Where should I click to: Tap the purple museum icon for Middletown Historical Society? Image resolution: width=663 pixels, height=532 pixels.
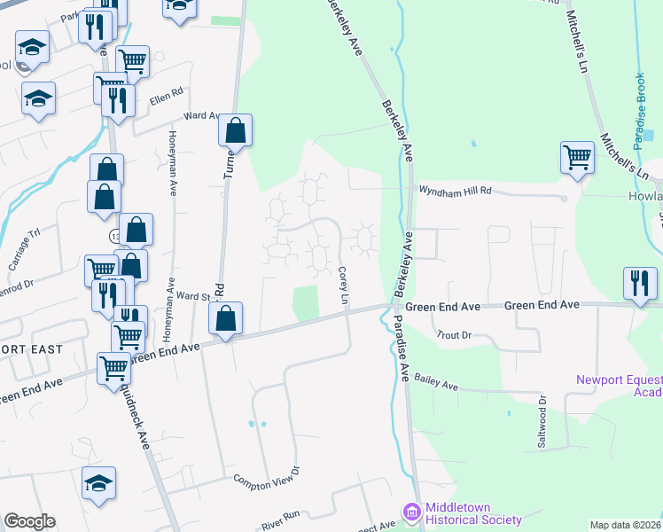409,512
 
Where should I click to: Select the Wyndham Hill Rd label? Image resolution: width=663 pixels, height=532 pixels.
454,190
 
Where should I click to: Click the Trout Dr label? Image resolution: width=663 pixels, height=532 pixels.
455,335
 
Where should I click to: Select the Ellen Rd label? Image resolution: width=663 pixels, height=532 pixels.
165,98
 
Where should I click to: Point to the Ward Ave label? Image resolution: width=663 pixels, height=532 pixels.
200,115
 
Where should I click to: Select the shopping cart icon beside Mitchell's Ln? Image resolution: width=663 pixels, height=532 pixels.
577,158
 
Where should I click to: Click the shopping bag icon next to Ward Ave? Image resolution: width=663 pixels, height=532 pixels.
236,130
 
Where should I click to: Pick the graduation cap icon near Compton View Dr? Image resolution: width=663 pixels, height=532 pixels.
99,484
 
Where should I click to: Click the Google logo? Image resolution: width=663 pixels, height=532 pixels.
29,521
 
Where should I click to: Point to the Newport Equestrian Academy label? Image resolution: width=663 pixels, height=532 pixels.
620,386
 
